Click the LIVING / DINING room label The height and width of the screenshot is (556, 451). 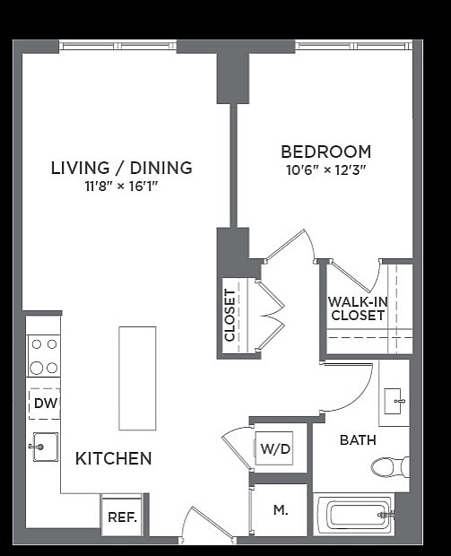click(x=121, y=168)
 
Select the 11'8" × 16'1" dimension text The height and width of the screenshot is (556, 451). click(x=121, y=187)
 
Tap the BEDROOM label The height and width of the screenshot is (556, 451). click(x=325, y=152)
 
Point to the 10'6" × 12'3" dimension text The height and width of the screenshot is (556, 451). click(x=325, y=169)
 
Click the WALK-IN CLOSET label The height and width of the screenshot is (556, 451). click(x=358, y=308)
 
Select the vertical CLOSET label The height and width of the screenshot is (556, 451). click(x=230, y=315)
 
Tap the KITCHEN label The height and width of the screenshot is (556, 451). click(x=113, y=458)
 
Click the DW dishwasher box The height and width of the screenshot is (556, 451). click(x=45, y=404)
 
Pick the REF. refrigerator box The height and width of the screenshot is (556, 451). click(x=121, y=517)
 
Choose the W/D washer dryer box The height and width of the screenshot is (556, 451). click(x=275, y=447)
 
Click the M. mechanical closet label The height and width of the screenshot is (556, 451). click(x=280, y=510)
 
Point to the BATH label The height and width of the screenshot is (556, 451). click(x=357, y=440)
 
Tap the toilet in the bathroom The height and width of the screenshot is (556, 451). click(x=391, y=466)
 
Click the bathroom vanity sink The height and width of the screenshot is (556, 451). click(x=394, y=401)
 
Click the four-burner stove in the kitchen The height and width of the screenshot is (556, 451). click(x=44, y=355)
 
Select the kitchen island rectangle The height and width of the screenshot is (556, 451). click(x=137, y=378)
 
